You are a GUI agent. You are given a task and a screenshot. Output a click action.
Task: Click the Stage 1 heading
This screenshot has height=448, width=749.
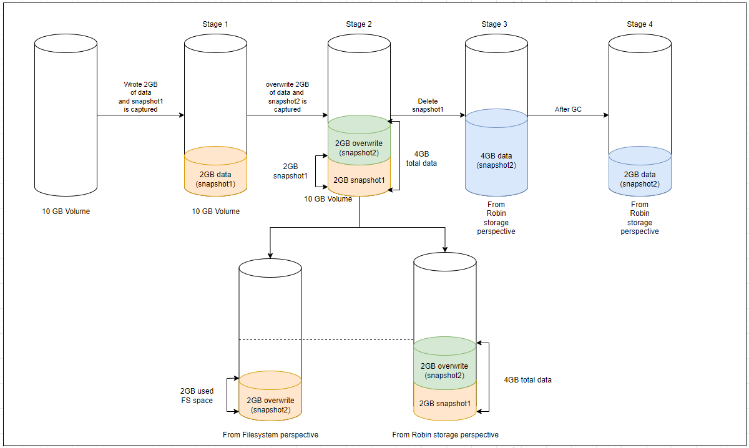click(x=215, y=24)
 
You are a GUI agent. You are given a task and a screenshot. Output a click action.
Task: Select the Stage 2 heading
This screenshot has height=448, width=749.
click(x=359, y=24)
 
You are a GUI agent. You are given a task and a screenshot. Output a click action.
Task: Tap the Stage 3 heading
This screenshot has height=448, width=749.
click(x=494, y=24)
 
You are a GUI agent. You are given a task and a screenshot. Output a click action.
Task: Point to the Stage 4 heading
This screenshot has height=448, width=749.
click(x=640, y=24)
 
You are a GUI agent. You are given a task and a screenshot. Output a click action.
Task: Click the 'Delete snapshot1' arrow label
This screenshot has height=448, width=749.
click(x=428, y=105)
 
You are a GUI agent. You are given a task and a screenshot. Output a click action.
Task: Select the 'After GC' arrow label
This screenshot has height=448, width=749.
click(x=568, y=109)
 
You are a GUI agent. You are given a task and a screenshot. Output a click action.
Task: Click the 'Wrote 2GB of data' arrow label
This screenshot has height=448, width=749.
click(x=141, y=96)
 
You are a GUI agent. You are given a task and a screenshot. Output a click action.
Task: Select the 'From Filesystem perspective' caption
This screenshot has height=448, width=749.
click(x=270, y=434)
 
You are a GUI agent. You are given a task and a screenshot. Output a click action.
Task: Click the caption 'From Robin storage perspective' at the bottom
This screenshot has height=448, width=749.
click(x=445, y=434)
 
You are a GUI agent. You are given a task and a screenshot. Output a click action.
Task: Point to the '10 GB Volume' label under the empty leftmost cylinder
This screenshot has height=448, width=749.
click(x=66, y=212)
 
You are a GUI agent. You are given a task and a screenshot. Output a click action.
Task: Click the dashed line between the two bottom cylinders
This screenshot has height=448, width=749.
click(x=357, y=340)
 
